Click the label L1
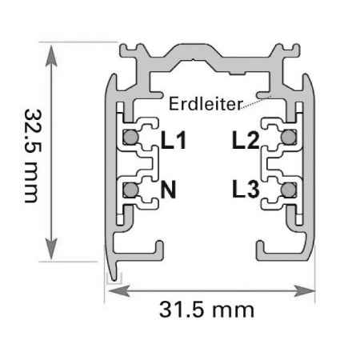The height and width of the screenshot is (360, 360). pyautogui.click(x=173, y=142)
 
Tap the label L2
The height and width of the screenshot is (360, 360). pyautogui.click(x=246, y=142)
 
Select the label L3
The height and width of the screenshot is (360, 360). pyautogui.click(x=245, y=190)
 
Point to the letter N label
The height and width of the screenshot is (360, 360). pyautogui.click(x=168, y=190)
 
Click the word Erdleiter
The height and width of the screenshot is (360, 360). pyautogui.click(x=200, y=104)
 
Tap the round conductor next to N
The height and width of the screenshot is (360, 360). pyautogui.click(x=130, y=190)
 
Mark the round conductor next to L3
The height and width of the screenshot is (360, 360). pyautogui.click(x=287, y=190)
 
